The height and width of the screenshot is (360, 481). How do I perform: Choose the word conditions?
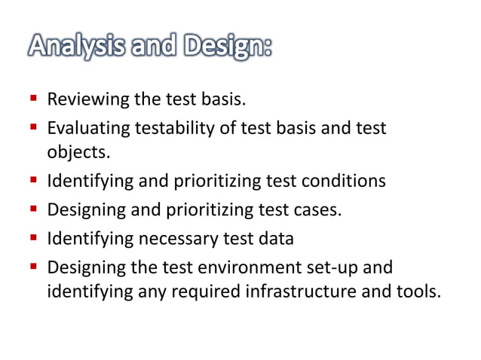coord(345,182)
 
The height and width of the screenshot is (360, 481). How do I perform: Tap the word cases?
coord(320,210)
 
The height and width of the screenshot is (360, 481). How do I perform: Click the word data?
coord(275,239)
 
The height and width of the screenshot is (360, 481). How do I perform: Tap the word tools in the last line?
coord(416,291)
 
